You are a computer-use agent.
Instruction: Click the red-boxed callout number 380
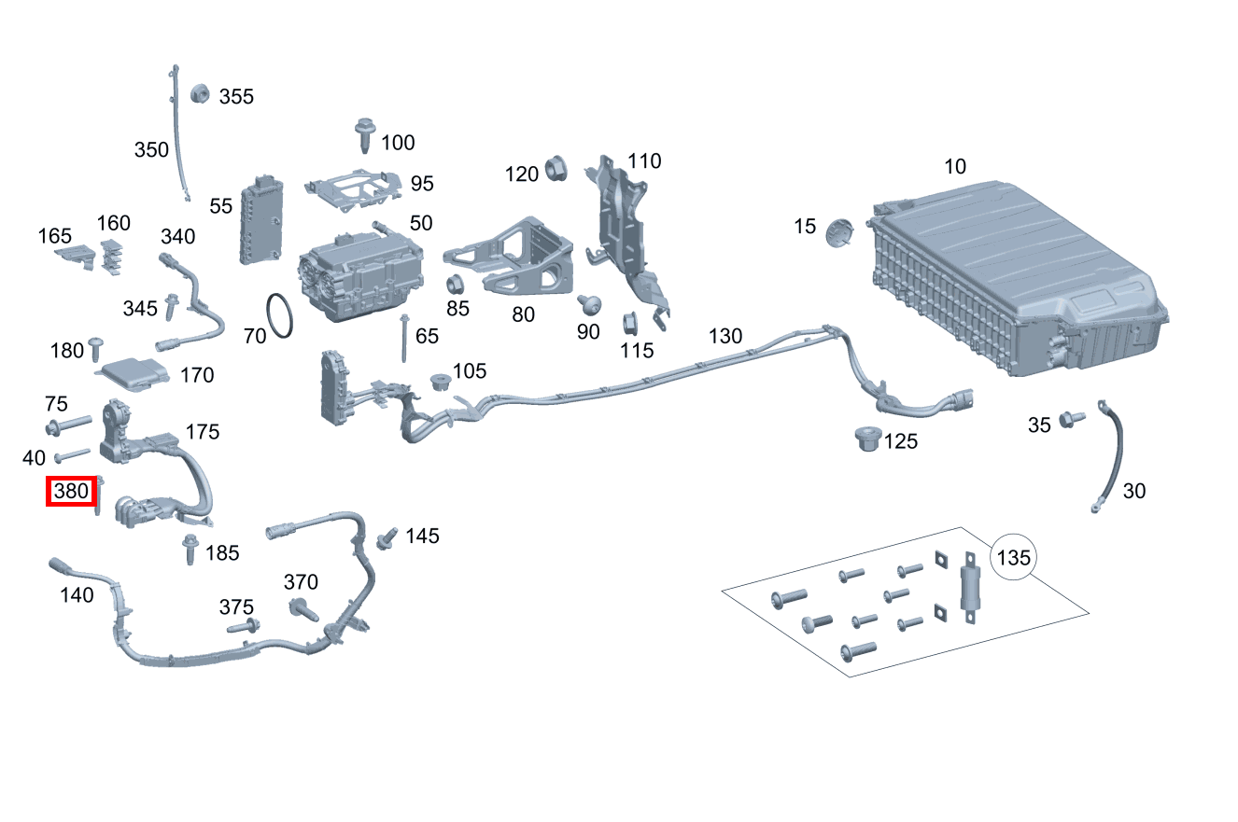click(x=72, y=491)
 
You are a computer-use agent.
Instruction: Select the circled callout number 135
click(x=1014, y=558)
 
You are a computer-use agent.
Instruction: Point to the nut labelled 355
click(x=199, y=93)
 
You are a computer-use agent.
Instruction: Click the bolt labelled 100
click(x=364, y=135)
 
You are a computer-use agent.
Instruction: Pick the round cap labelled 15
click(x=840, y=231)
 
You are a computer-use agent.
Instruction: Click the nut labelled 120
click(x=556, y=169)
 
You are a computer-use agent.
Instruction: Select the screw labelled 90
click(x=588, y=304)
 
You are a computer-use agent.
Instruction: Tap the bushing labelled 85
click(x=457, y=286)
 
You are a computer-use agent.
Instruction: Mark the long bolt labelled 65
click(x=404, y=339)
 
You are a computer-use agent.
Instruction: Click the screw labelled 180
click(x=96, y=349)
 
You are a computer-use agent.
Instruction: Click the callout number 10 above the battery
click(x=955, y=167)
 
